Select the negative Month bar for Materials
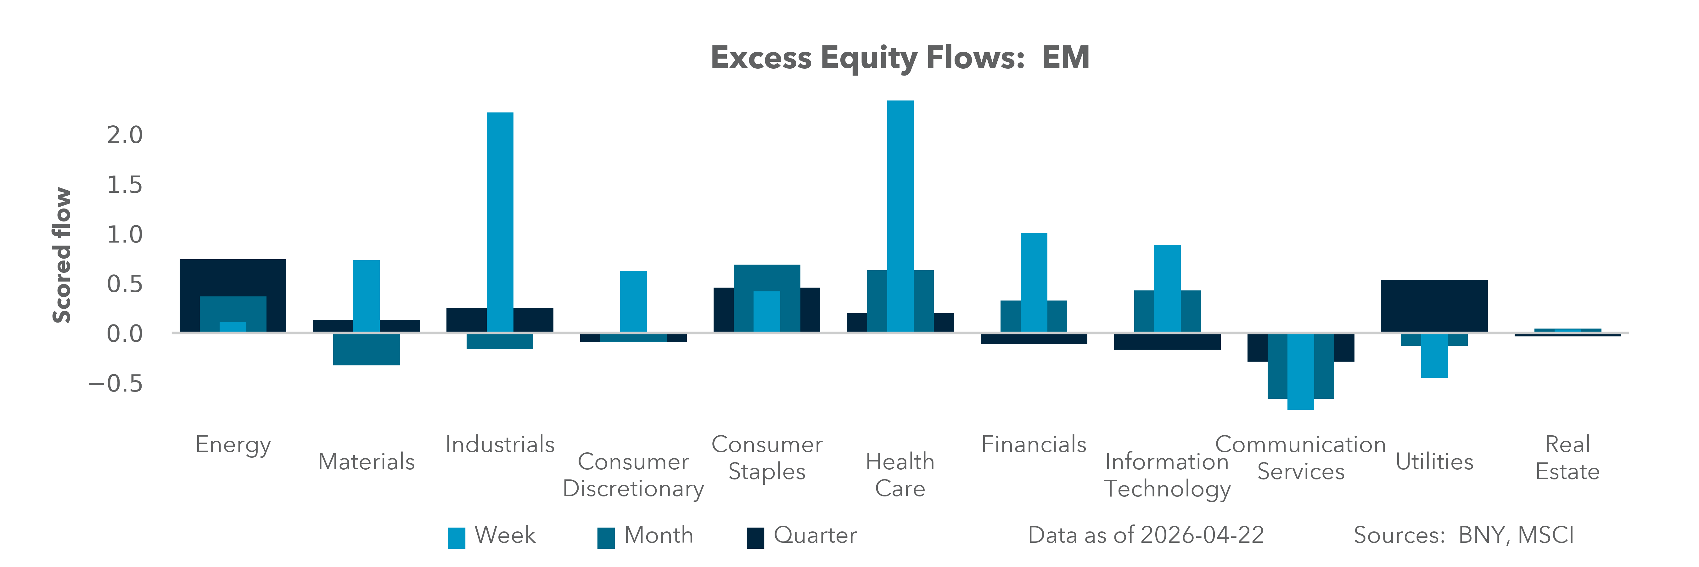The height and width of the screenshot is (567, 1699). click(x=366, y=350)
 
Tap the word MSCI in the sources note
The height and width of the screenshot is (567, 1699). click(x=1545, y=535)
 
